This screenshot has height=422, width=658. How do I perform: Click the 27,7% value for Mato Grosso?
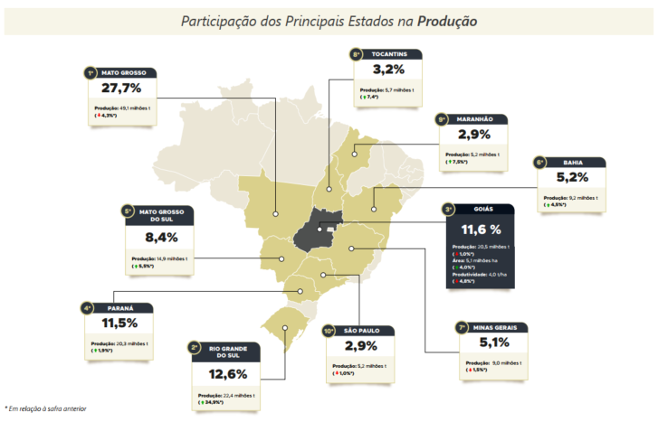122,89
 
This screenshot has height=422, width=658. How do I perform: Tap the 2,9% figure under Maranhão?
474,135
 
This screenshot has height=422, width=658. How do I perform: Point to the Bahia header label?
572,163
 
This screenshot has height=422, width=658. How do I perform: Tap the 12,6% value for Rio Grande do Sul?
228,373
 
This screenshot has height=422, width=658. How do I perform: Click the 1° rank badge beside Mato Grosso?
90,72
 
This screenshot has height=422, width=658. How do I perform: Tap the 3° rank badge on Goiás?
448,210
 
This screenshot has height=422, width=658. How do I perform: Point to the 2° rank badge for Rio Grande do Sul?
195,347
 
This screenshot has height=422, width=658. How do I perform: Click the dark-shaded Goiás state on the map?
316,230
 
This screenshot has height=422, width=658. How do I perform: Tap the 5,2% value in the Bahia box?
572,178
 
